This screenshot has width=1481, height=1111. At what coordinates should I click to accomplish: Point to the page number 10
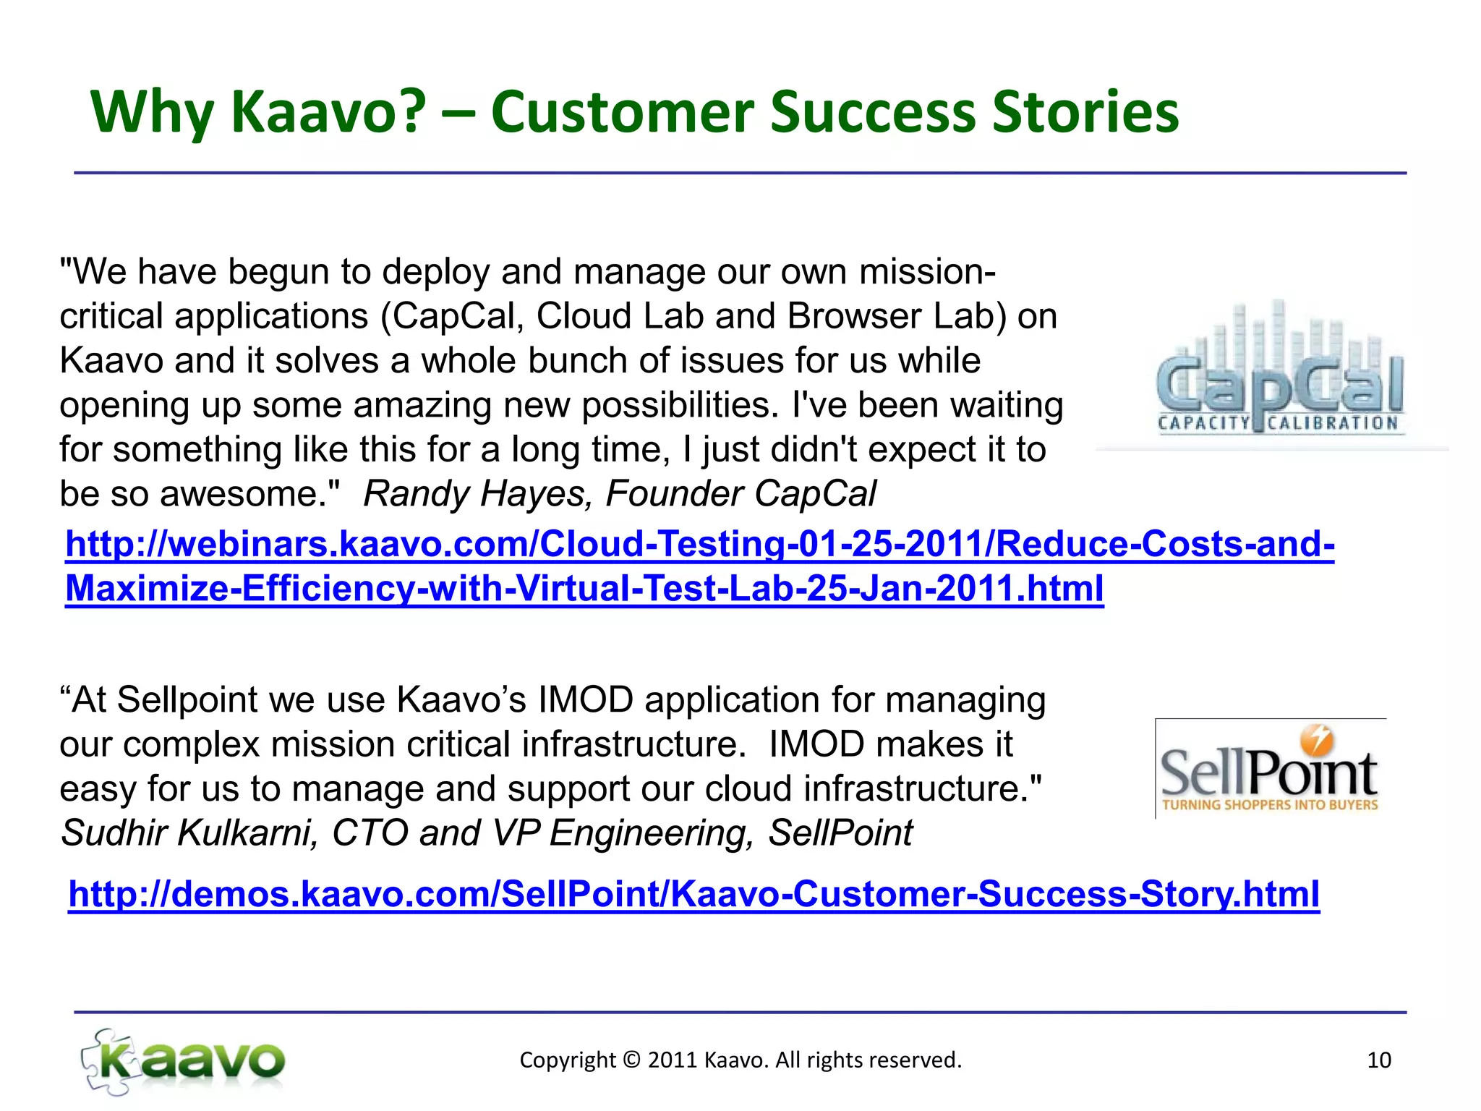[1379, 1060]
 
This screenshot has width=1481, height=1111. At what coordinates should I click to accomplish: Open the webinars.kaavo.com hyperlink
[699, 544]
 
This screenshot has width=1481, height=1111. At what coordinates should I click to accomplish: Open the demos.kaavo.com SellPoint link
[693, 894]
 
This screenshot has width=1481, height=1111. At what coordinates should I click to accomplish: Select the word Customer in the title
[623, 112]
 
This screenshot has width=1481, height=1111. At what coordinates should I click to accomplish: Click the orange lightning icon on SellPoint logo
[1317, 740]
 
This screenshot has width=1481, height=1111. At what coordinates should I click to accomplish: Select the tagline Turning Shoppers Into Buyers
[1270, 805]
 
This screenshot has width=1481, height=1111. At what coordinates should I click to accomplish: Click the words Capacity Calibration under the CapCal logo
[1278, 423]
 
